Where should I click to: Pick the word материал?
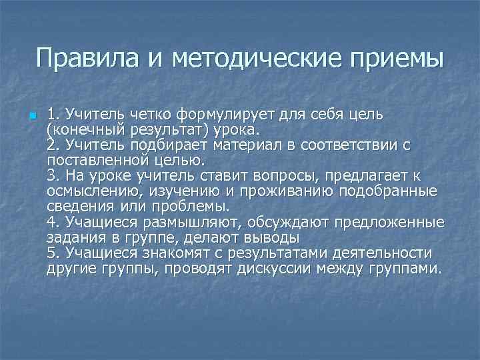point(251,145)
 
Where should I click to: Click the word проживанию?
point(287,191)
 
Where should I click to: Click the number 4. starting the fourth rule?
point(54,222)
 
